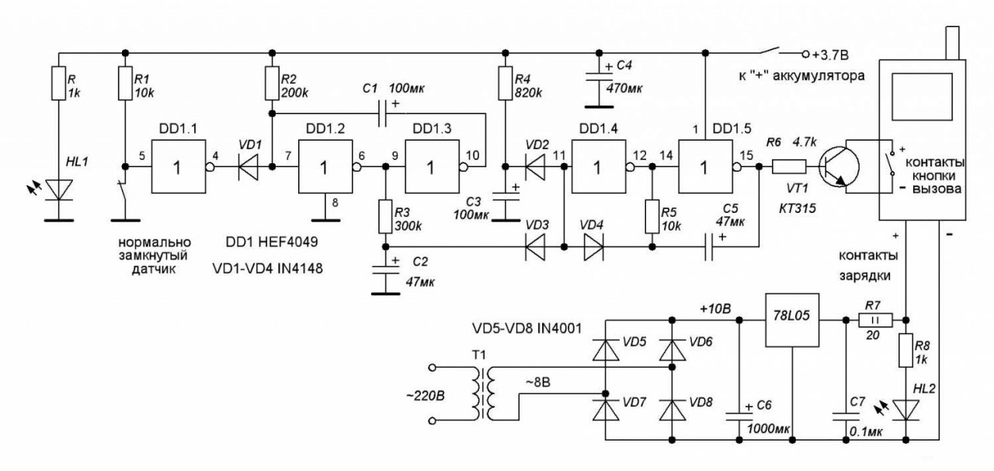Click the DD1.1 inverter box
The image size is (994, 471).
tap(179, 166)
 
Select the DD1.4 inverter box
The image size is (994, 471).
tap(599, 166)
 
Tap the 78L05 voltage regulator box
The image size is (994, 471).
tap(792, 320)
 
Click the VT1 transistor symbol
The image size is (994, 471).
tap(839, 168)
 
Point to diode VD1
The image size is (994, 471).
tap(248, 167)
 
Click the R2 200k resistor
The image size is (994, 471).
tap(272, 83)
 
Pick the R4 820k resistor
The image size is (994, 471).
tap(506, 83)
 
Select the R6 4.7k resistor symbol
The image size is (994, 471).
tap(789, 167)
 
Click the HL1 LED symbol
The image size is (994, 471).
tap(59, 190)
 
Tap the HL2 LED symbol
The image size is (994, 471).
tap(905, 410)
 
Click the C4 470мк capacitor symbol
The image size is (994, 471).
tap(599, 77)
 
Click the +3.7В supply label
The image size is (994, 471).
tap(830, 54)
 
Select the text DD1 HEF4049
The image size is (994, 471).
tap(272, 242)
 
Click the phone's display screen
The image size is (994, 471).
tap(922, 96)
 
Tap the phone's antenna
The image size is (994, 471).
tap(952, 43)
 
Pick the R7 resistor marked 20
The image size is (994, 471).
tap(875, 320)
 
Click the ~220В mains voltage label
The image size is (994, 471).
tap(426, 395)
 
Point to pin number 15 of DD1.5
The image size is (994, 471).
tap(746, 155)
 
